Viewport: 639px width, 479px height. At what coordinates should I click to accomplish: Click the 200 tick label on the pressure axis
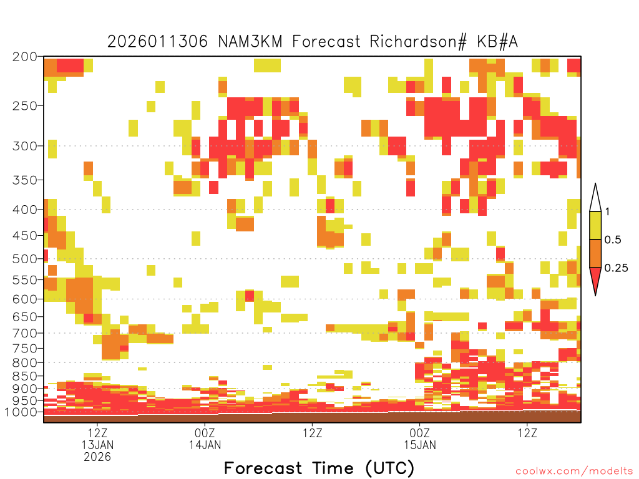tap(24, 57)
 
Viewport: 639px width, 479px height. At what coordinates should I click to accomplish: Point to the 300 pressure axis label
tap(24, 146)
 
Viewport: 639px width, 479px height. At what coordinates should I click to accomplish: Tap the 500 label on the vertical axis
tap(24, 259)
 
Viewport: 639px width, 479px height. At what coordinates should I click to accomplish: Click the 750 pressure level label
tap(24, 348)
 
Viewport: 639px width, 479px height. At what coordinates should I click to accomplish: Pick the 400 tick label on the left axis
tap(24, 210)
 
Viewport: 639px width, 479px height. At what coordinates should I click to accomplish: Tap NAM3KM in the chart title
tap(250, 42)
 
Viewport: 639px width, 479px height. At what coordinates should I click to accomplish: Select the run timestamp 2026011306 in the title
tap(157, 42)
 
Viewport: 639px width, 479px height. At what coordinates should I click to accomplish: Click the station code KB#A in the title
tap(497, 42)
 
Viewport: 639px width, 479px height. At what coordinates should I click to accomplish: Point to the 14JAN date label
tap(205, 445)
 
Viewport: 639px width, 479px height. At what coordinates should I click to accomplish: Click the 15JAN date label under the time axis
tap(420, 445)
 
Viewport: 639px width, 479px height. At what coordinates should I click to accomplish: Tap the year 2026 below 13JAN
tap(97, 457)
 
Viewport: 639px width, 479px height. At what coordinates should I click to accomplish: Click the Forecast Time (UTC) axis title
tap(319, 468)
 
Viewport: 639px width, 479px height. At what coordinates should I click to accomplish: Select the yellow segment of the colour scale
tap(595, 225)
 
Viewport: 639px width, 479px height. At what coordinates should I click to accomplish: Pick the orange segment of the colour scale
tap(595, 253)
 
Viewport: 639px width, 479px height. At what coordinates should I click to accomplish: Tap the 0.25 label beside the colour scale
tap(616, 268)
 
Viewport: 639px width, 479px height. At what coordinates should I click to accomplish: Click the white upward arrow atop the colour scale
tap(595, 198)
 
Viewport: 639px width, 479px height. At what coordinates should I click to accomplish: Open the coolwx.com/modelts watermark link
tap(574, 472)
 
